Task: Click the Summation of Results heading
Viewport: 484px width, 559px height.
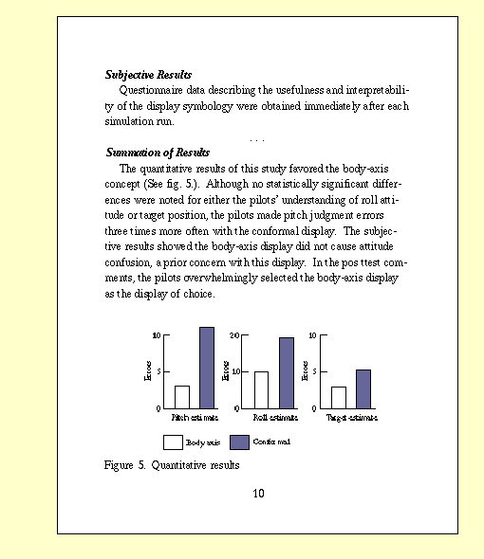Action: click(x=158, y=153)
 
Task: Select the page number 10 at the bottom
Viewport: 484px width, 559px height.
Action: click(x=259, y=493)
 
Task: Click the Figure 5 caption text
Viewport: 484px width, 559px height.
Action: click(x=172, y=465)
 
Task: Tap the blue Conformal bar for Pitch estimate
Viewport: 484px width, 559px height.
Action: click(x=207, y=368)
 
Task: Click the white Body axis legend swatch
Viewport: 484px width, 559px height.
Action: click(x=173, y=442)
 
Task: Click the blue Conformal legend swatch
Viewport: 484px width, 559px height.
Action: click(x=239, y=442)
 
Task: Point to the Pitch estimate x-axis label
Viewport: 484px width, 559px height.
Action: click(x=195, y=417)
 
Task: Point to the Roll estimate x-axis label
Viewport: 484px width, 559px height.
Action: click(x=274, y=417)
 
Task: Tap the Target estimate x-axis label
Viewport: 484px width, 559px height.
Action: click(x=352, y=417)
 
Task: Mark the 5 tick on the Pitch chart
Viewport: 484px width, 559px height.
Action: click(x=158, y=371)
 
